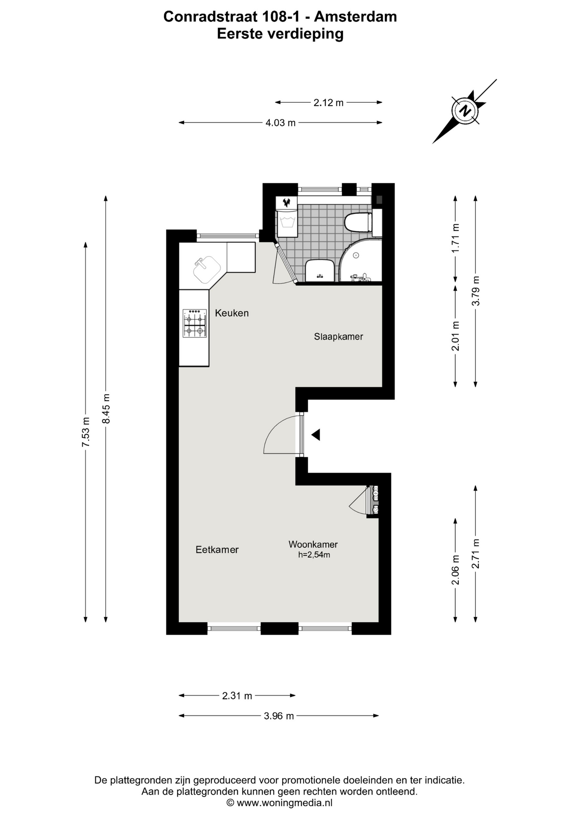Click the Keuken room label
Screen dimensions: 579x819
232,313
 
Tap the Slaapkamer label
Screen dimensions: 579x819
339,337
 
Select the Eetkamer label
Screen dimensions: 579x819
217,549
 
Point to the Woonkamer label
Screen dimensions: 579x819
313,544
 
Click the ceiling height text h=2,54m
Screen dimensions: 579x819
314,555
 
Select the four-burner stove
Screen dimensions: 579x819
194,323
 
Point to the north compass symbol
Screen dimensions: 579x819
465,111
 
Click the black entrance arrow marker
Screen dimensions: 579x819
316,435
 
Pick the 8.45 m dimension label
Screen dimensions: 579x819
106,409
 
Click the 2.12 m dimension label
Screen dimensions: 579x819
328,102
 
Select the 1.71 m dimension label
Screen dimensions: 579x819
455,238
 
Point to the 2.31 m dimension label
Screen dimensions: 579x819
237,696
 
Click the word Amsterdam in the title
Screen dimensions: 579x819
356,17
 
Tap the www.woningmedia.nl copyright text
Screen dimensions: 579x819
279,803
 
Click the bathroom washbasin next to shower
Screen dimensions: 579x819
319,270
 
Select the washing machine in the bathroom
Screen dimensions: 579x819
287,217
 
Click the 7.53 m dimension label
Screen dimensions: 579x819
86,432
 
